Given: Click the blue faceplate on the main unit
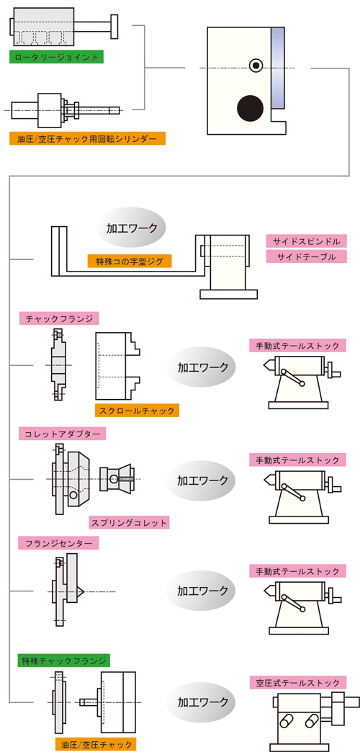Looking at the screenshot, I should [279, 66].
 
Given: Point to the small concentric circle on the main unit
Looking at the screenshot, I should [255, 66].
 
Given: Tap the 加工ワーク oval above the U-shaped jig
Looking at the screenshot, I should [131, 229].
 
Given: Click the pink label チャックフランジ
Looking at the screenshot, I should [59, 318].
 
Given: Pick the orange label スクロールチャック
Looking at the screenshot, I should [136, 411].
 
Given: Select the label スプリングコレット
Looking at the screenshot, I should [129, 522].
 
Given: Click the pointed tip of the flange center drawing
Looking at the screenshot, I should [84, 591].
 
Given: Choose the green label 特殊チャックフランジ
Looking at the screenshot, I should [64, 660].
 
